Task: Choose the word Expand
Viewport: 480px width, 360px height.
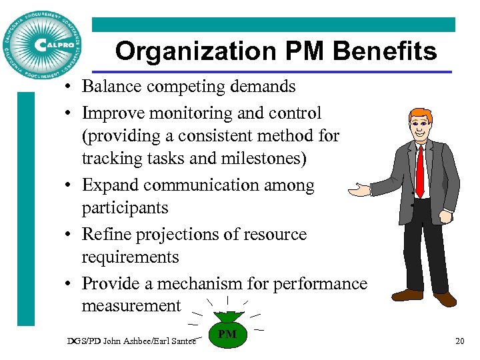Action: (x=109, y=185)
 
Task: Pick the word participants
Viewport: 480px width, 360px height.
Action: (x=125, y=208)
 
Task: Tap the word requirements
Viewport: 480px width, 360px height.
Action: (x=131, y=257)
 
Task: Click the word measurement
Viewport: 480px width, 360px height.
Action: (x=131, y=306)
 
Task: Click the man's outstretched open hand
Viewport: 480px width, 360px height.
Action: (x=361, y=191)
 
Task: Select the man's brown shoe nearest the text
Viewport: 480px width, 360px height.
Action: (x=408, y=294)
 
